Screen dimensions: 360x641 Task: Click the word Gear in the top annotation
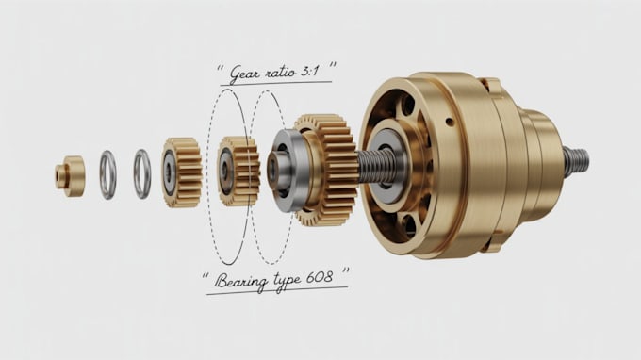point(246,73)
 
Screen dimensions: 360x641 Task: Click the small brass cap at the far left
point(70,175)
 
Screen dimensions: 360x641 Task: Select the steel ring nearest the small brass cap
point(107,174)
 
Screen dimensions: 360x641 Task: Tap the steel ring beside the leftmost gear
point(141,174)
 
